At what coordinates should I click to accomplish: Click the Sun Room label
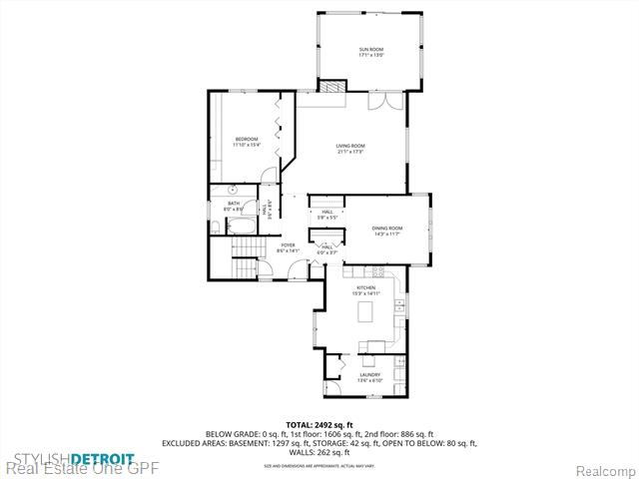370,49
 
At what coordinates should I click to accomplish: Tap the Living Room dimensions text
349,152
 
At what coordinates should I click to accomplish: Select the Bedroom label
247,139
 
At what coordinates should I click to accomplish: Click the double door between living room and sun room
377,102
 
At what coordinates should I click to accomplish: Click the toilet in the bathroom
217,226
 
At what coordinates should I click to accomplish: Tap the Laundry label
369,374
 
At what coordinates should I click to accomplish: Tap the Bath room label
233,204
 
